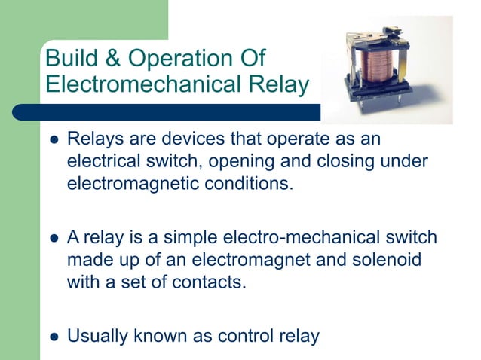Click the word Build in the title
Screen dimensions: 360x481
click(72, 58)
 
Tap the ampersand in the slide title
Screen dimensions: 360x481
click(114, 58)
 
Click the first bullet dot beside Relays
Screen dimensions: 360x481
click(53, 140)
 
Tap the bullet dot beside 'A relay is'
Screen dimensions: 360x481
click(53, 238)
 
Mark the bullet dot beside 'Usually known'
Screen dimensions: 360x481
click(53, 336)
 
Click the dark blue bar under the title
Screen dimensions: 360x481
click(166, 112)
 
